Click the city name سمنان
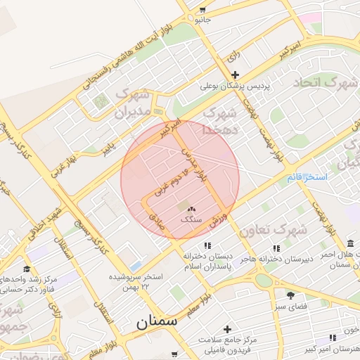[x=157, y=323]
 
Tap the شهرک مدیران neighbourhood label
[x=133, y=102]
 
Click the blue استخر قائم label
[x=307, y=177]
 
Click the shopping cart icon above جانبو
[x=202, y=10]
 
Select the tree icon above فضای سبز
[x=290, y=294]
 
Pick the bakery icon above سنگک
[x=191, y=208]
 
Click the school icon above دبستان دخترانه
[x=207, y=245]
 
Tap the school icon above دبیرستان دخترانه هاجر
[x=276, y=248]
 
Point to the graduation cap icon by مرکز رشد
[x=26, y=269]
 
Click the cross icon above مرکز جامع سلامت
[x=227, y=329]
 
